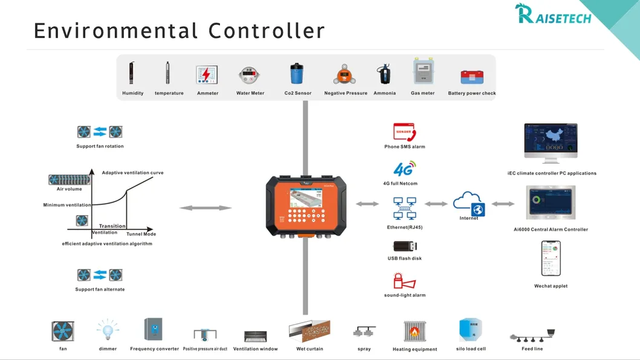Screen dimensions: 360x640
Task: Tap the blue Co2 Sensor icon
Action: click(x=297, y=74)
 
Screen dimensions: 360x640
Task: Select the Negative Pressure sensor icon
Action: click(x=345, y=75)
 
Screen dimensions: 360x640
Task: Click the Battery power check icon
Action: click(x=471, y=77)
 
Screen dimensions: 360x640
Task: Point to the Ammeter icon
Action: click(x=207, y=75)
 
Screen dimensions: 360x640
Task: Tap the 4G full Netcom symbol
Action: click(x=404, y=169)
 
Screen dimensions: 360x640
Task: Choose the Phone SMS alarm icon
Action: click(x=404, y=132)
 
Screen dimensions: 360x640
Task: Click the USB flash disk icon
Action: click(x=405, y=246)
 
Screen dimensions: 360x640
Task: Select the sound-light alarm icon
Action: click(x=404, y=281)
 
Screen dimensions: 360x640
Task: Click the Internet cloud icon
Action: click(x=469, y=203)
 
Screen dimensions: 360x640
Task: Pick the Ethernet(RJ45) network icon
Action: click(x=404, y=208)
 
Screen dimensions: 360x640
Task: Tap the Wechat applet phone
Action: click(x=551, y=259)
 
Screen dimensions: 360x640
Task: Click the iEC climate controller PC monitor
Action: click(x=551, y=143)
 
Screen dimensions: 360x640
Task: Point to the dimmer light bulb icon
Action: click(x=108, y=330)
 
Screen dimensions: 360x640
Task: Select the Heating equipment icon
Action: click(x=415, y=332)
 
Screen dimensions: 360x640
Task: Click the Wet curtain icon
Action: click(x=309, y=332)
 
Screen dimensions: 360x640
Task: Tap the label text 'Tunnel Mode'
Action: click(x=141, y=234)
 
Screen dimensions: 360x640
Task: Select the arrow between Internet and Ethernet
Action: click(x=436, y=204)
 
